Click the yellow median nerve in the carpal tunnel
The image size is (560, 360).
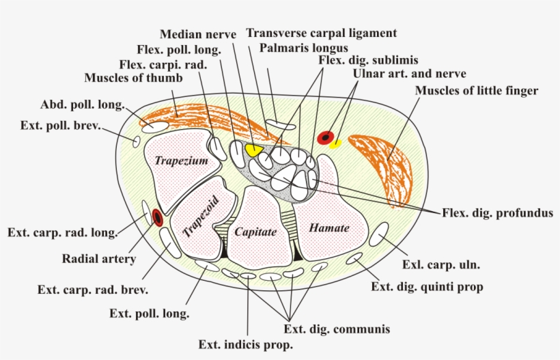coord(255,149)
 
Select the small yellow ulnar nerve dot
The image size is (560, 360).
coord(335,144)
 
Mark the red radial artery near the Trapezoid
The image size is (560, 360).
coord(158,218)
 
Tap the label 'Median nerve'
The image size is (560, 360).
coord(198,33)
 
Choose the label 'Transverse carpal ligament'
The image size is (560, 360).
coord(321,33)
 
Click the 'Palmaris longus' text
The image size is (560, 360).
coord(304,48)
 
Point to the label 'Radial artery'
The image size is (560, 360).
coord(99,259)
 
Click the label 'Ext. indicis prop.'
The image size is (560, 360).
coord(245,345)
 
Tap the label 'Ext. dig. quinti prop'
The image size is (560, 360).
coord(427,287)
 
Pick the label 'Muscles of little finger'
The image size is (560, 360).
coord(476,90)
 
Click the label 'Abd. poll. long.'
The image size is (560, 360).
coord(82,105)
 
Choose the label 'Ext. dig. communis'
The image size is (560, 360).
coord(337,329)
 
